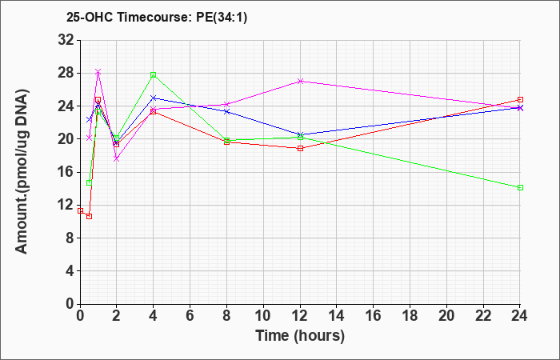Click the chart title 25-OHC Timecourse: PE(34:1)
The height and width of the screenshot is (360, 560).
tap(157, 17)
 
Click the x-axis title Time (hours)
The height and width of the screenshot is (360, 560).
tap(300, 336)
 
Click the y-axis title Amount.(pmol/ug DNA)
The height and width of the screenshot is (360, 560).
tap(22, 171)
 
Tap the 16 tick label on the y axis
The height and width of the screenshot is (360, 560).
tap(66, 172)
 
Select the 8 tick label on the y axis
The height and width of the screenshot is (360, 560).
tap(70, 238)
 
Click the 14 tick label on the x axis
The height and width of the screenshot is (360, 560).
tap(337, 316)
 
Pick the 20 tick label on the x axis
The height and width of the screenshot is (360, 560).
tap(446, 316)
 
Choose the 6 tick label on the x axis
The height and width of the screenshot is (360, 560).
tap(190, 316)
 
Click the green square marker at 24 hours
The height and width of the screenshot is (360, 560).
tap(520, 187)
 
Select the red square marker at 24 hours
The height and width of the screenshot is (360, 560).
tap(520, 100)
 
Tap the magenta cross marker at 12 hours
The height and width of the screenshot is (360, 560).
tap(300, 81)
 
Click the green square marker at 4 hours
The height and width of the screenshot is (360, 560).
tap(154, 74)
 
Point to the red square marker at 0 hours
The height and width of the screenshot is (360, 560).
tap(80, 210)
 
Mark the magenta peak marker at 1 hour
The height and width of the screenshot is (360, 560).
tap(98, 72)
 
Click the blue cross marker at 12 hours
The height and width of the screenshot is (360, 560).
tap(300, 134)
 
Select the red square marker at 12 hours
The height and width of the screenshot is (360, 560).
tap(300, 148)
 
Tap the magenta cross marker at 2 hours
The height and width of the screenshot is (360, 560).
tap(117, 159)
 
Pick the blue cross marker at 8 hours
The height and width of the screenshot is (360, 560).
tap(226, 111)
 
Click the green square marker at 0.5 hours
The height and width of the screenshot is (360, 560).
tap(90, 183)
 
